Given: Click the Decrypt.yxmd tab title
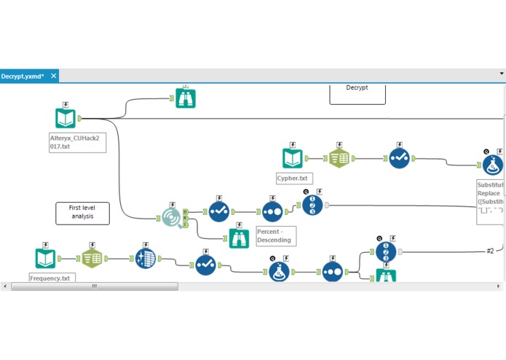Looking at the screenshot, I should [x=23, y=76].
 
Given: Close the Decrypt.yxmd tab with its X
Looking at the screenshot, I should [x=54, y=76].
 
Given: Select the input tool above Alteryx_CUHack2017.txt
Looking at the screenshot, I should [x=66, y=118].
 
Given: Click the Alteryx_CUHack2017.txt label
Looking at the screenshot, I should [x=77, y=141].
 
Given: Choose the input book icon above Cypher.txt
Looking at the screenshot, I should [x=293, y=158].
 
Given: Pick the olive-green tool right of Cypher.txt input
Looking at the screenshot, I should [x=339, y=158].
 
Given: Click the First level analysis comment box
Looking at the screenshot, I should [x=82, y=213].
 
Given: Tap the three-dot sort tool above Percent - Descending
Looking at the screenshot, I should [x=272, y=211].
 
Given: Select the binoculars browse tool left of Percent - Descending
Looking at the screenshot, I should [x=239, y=238].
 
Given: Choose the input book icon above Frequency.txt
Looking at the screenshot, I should [x=45, y=258].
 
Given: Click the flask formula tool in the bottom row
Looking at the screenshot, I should [x=278, y=271].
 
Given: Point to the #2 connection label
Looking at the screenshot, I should [x=490, y=251].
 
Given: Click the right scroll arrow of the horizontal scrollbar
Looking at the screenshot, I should [x=499, y=286].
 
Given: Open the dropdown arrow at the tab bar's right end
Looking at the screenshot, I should [x=502, y=74].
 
